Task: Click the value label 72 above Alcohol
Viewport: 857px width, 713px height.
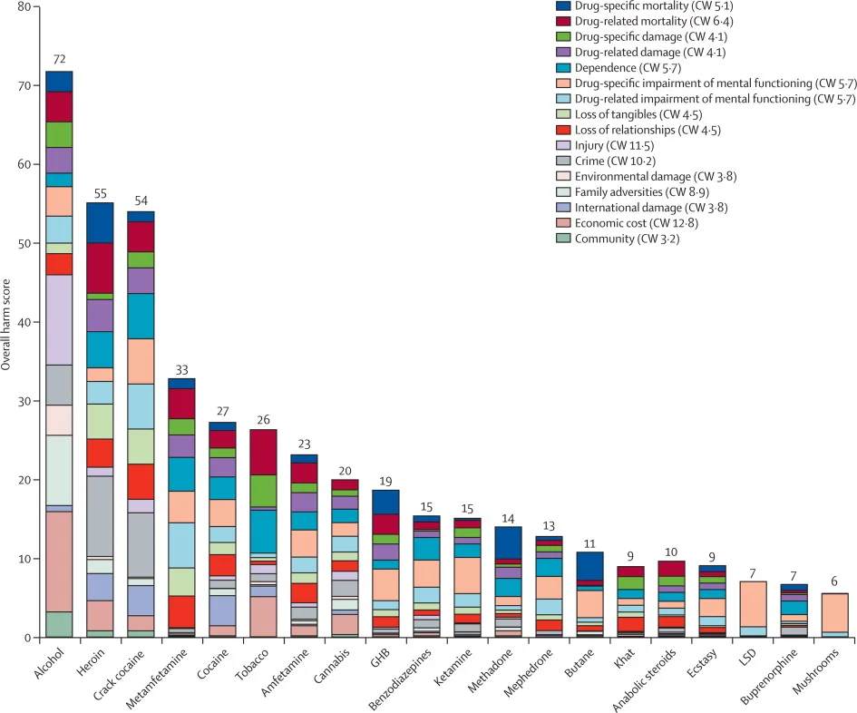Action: (x=59, y=58)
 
